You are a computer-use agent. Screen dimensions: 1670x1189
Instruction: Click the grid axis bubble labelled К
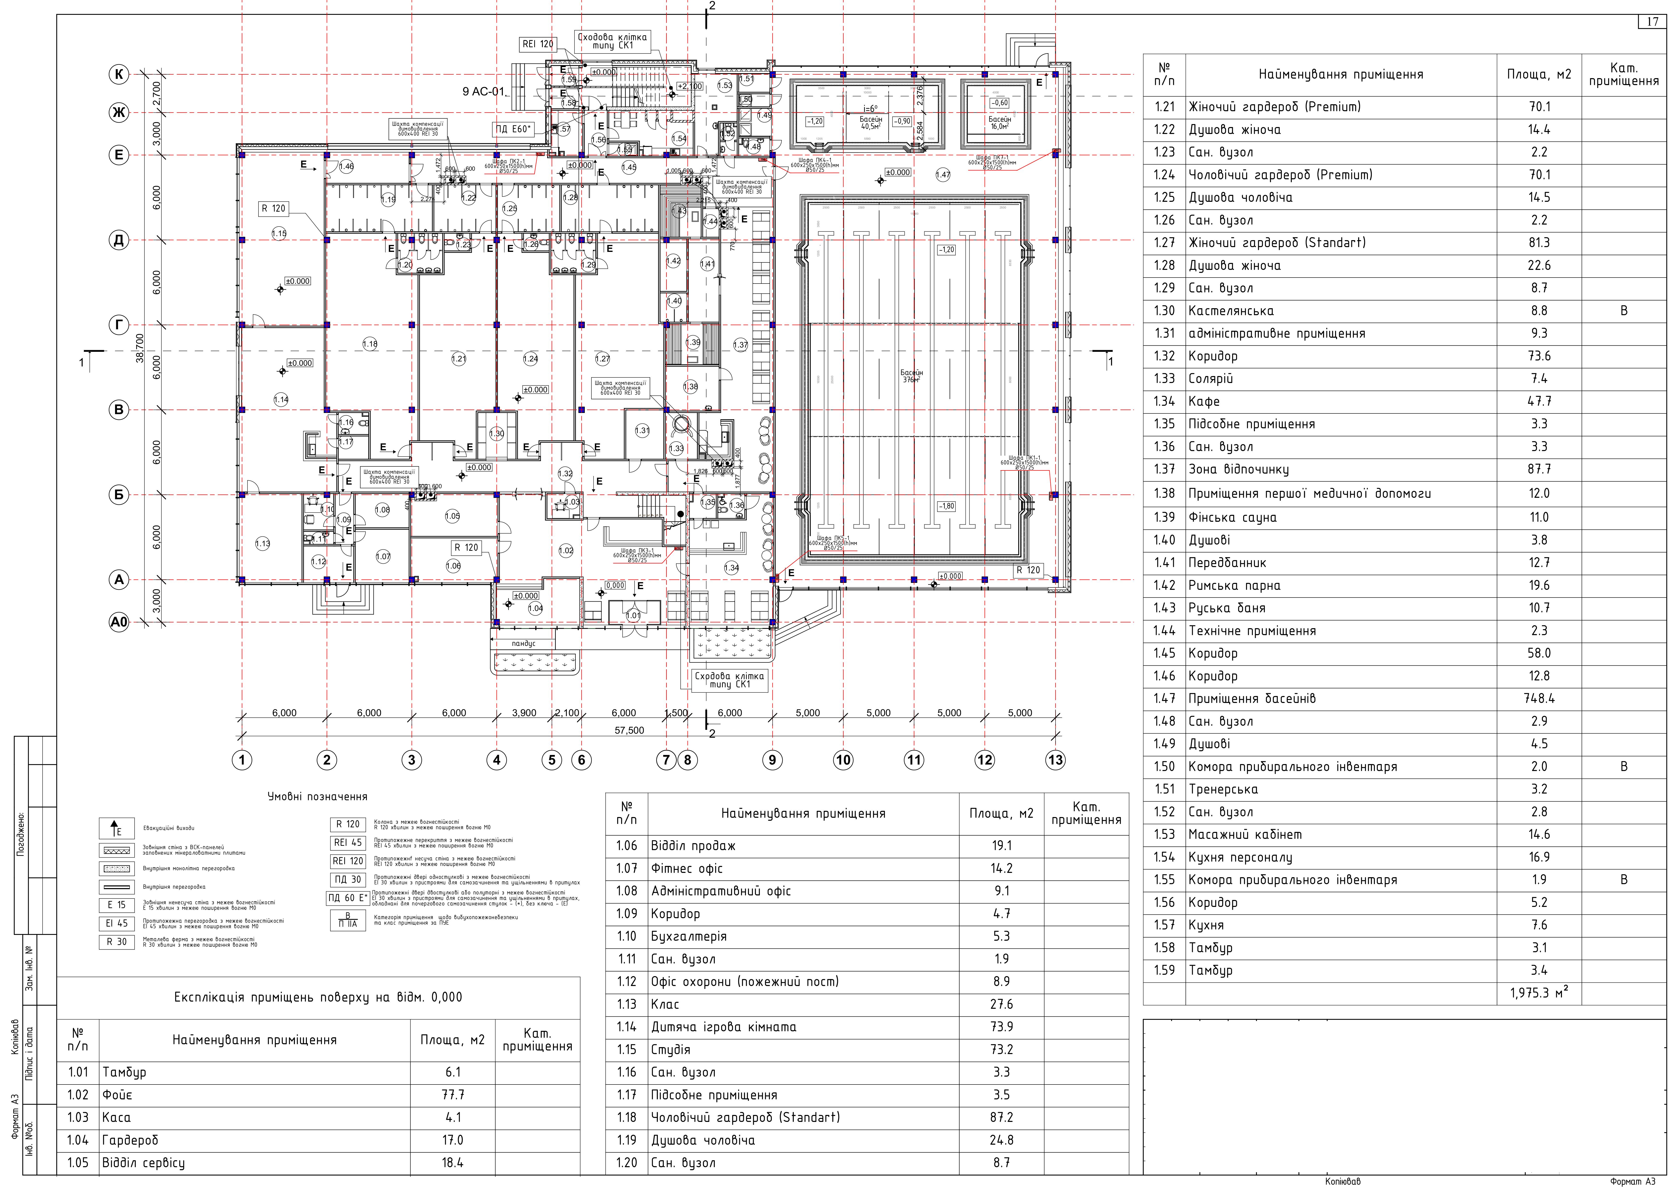(119, 74)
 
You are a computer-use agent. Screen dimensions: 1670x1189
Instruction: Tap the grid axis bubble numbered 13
(1055, 760)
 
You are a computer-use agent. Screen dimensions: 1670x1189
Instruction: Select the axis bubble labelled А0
(119, 622)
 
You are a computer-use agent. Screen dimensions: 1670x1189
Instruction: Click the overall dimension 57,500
(629, 730)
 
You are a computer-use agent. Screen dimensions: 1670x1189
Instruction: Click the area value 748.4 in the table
(1539, 698)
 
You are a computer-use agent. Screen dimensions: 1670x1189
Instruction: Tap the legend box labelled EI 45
(116, 923)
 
